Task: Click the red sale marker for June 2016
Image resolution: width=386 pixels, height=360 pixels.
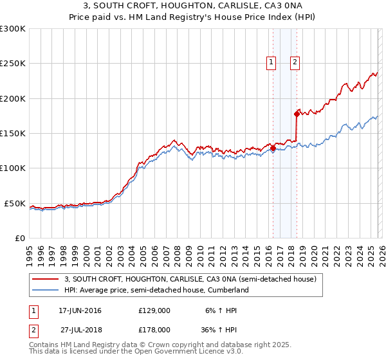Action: pos(273,148)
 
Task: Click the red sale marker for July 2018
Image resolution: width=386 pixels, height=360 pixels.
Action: pos(297,114)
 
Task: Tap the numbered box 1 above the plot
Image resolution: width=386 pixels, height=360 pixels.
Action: pos(271,62)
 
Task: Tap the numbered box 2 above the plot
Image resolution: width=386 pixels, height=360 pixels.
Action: pos(295,62)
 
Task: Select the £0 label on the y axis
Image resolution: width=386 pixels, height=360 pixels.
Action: pos(21,238)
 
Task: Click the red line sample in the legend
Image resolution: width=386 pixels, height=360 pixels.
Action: pos(45,280)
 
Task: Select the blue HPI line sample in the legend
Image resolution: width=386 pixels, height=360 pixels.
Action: pos(45,291)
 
